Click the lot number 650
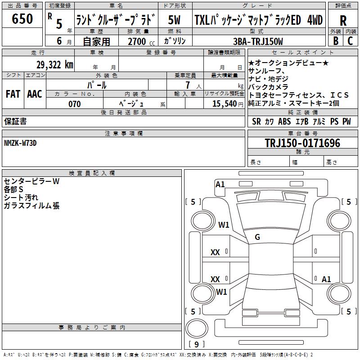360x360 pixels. (22, 19)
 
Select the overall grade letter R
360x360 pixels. (343, 20)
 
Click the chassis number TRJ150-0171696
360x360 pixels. (302, 143)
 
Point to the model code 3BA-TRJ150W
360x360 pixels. (258, 41)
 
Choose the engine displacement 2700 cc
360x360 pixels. (137, 41)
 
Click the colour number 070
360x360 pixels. (74, 104)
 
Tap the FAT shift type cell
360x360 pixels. (13, 94)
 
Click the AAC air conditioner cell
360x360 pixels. (35, 94)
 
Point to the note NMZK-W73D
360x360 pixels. (20, 143)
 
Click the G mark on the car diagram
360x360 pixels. (257, 237)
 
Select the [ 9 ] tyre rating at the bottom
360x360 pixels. (196, 344)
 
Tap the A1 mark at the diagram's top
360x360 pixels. (220, 184)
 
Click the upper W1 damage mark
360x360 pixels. (224, 225)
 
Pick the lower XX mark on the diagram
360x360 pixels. (216, 279)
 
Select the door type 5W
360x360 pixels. (174, 20)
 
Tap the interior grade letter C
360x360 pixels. (350, 41)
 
